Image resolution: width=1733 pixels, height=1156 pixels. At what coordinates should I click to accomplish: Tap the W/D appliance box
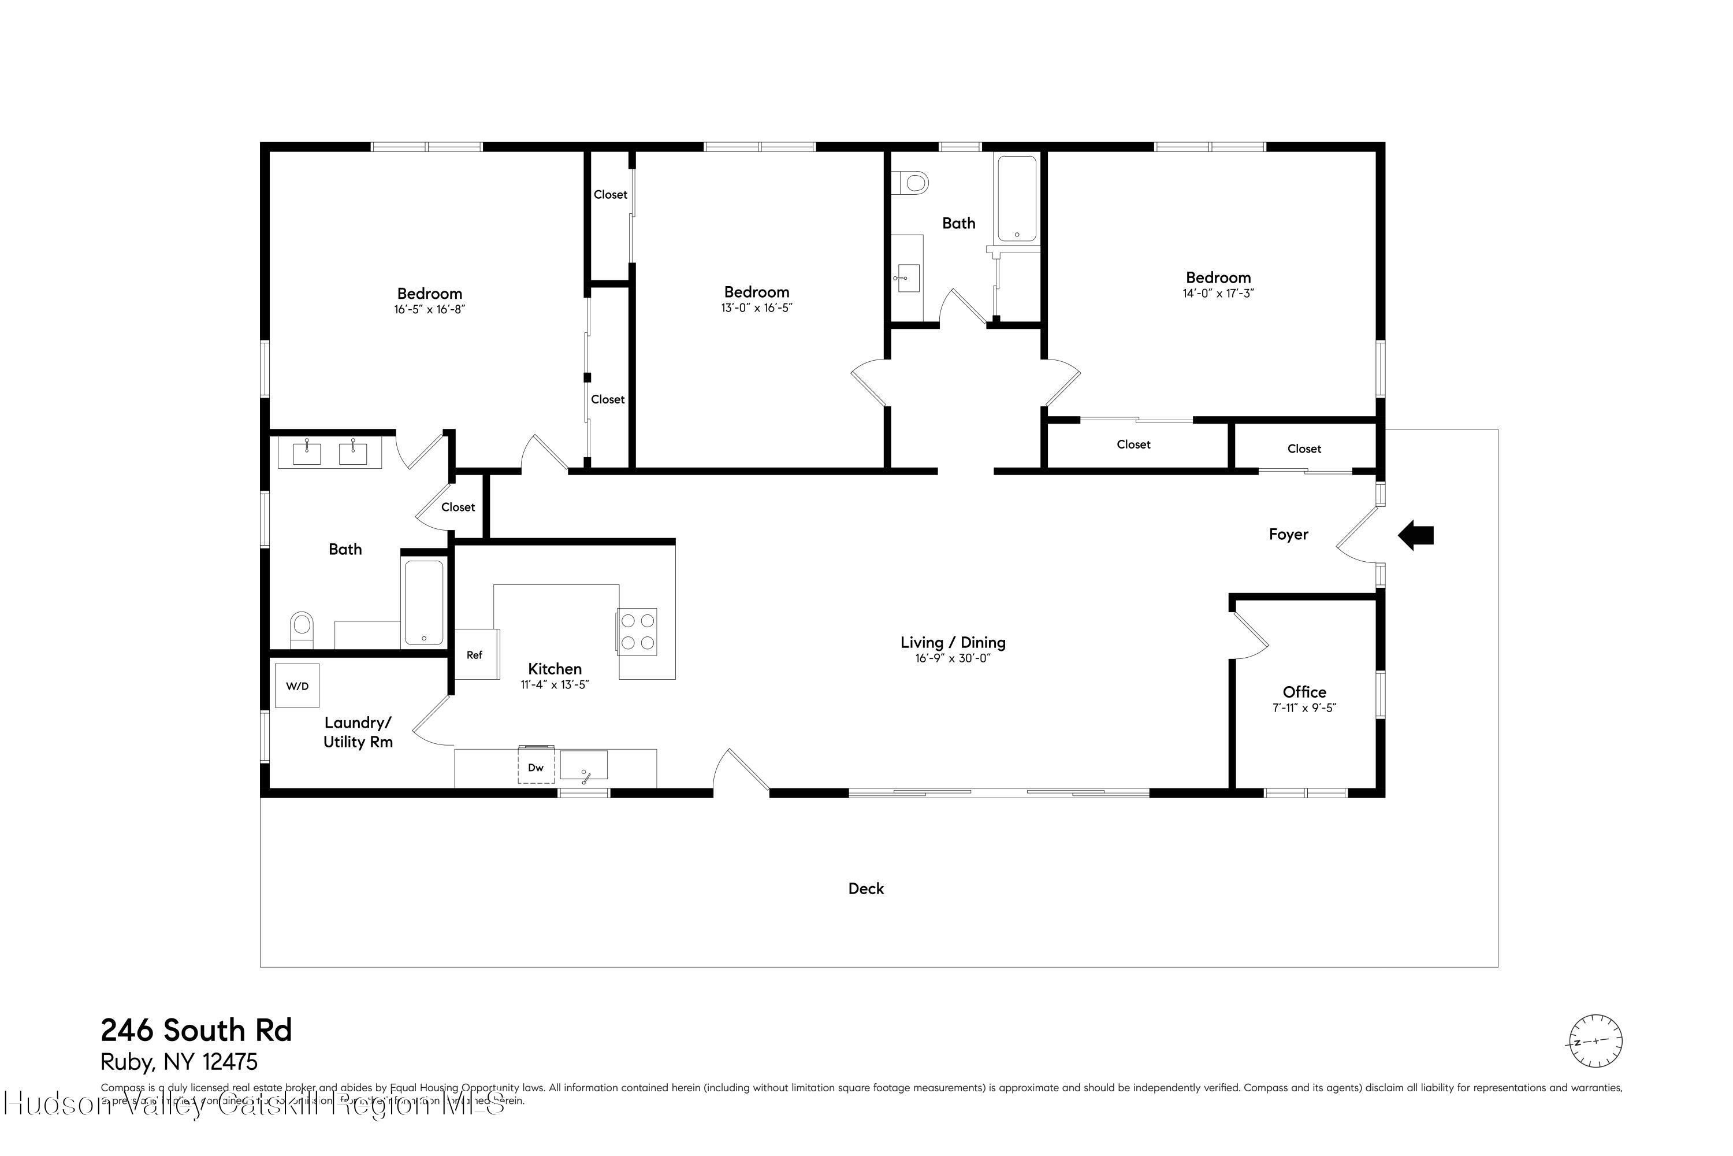(x=297, y=686)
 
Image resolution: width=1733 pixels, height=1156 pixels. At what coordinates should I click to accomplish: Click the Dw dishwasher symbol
(x=535, y=768)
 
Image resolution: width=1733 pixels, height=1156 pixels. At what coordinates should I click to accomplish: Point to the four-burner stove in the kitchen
(x=637, y=631)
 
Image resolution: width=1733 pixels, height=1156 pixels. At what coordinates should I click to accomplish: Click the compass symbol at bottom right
(x=1595, y=1041)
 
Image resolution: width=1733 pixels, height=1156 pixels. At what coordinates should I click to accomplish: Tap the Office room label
(x=1304, y=691)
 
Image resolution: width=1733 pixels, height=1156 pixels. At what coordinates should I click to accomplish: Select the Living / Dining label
(x=953, y=642)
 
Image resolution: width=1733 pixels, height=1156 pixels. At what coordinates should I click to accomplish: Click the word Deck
(x=866, y=888)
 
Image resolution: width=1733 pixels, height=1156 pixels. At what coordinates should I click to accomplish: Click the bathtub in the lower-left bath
(x=425, y=602)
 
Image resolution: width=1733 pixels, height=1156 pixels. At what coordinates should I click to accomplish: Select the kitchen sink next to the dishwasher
(x=583, y=765)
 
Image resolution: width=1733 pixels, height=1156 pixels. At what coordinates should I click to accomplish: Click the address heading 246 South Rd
(x=196, y=1030)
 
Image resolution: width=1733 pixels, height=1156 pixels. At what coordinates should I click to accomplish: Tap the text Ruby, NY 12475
(x=179, y=1062)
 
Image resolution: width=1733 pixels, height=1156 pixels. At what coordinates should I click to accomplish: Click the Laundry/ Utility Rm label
(x=358, y=732)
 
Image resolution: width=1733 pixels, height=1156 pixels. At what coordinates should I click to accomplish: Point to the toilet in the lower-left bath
(x=302, y=627)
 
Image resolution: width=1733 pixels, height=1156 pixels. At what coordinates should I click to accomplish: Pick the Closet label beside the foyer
(x=1304, y=449)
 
